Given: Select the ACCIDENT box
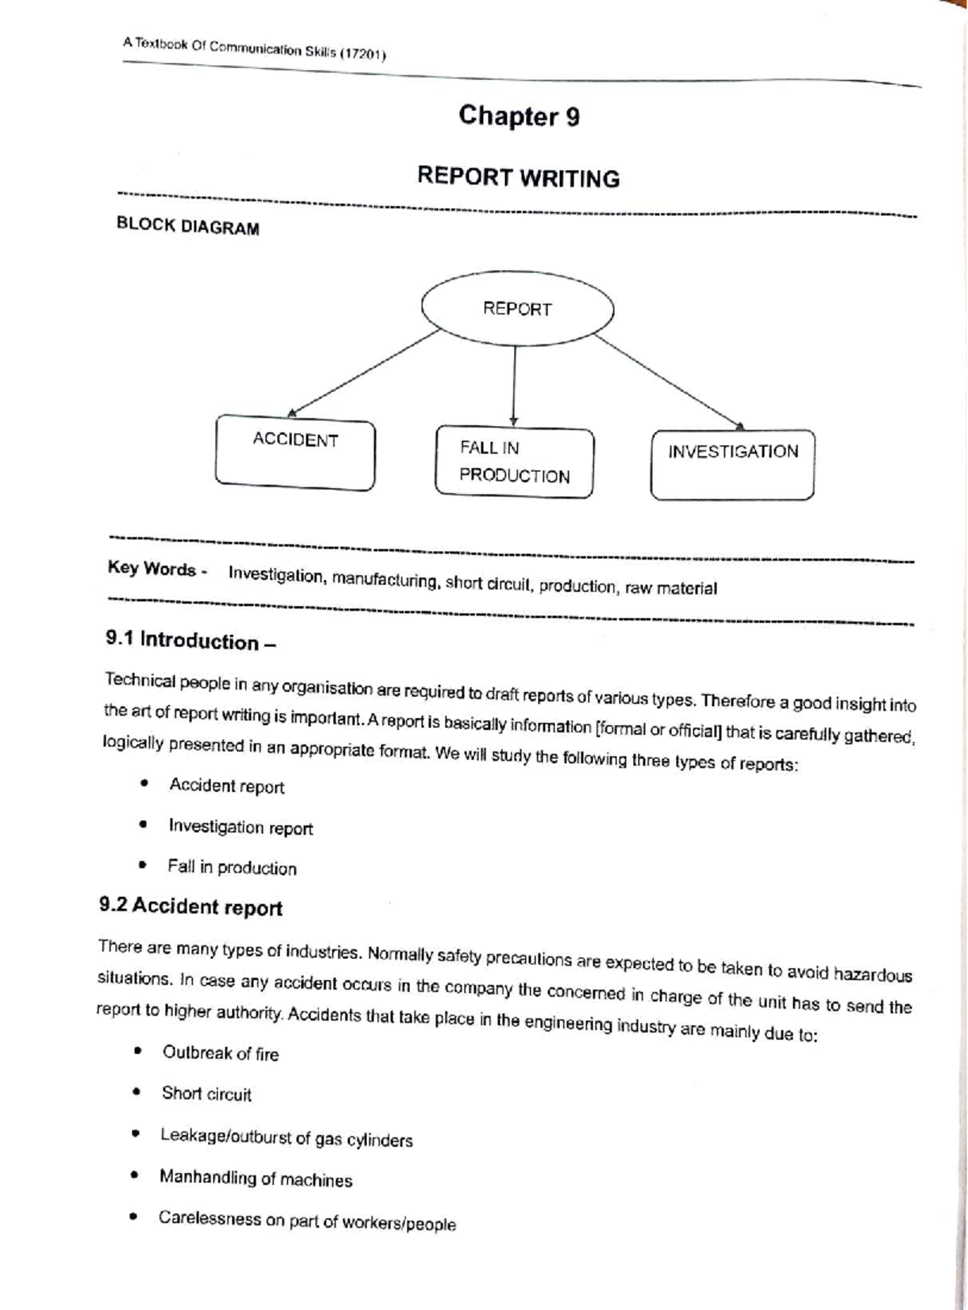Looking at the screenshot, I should (294, 453).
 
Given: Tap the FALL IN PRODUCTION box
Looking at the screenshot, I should (515, 461).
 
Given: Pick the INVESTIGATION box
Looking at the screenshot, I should (732, 464).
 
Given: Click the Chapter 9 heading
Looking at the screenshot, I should (519, 116).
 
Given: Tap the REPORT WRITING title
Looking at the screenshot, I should (518, 177).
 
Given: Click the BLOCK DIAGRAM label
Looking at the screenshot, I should (188, 227).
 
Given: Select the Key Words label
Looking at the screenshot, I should (154, 569).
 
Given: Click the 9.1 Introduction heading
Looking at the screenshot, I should (190, 641).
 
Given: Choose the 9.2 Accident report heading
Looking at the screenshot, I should (190, 907).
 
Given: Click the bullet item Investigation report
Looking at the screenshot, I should (240, 828).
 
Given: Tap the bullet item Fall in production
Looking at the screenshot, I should (232, 868).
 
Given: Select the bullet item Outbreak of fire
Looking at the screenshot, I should (220, 1053).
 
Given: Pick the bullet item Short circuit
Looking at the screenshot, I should (207, 1095).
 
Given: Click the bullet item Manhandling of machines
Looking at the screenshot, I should (256, 1179).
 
